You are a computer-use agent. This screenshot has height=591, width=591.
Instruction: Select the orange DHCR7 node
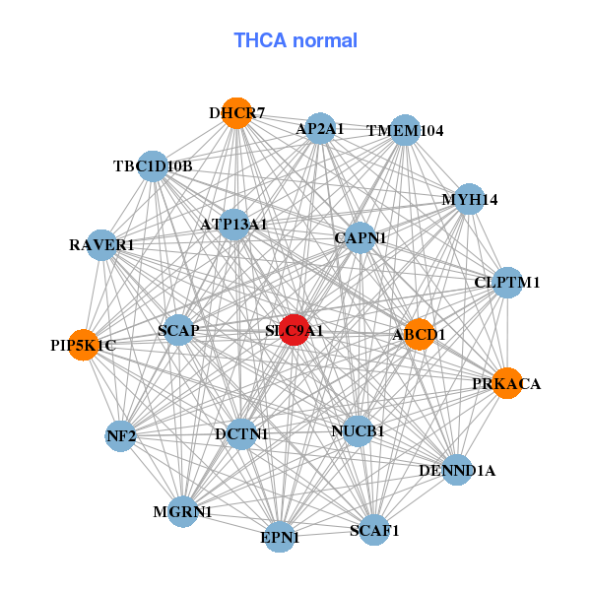pyautogui.click(x=235, y=113)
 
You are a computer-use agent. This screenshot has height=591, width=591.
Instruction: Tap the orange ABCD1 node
pyautogui.click(x=420, y=335)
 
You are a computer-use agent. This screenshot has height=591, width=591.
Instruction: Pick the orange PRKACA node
pyautogui.click(x=506, y=383)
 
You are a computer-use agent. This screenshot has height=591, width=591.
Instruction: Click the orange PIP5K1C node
pyautogui.click(x=84, y=345)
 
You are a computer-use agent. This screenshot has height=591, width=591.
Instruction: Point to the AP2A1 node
pyautogui.click(x=320, y=128)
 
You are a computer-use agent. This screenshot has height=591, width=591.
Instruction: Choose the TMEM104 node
pyautogui.click(x=405, y=130)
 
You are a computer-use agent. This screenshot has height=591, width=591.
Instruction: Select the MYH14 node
pyautogui.click(x=469, y=199)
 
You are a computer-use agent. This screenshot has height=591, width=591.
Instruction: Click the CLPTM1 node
pyautogui.click(x=507, y=283)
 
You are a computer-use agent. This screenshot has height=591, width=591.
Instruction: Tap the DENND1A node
pyautogui.click(x=457, y=470)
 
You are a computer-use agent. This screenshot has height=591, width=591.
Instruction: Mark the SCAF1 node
pyautogui.click(x=374, y=530)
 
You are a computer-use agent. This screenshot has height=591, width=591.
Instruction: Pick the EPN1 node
pyautogui.click(x=280, y=537)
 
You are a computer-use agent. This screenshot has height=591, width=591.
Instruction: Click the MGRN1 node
pyautogui.click(x=182, y=511)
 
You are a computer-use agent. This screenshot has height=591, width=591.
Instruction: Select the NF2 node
pyautogui.click(x=120, y=435)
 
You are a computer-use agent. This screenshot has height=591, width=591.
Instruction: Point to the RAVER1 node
pyautogui.click(x=102, y=244)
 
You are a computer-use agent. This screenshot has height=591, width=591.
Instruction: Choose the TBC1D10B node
pyautogui.click(x=152, y=165)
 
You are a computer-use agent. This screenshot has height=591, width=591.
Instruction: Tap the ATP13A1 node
pyautogui.click(x=234, y=225)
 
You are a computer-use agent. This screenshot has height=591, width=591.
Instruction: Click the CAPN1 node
pyautogui.click(x=361, y=237)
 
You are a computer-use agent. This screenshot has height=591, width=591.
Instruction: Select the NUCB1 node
pyautogui.click(x=358, y=430)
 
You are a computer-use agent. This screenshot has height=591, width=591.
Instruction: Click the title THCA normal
pyautogui.click(x=295, y=40)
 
